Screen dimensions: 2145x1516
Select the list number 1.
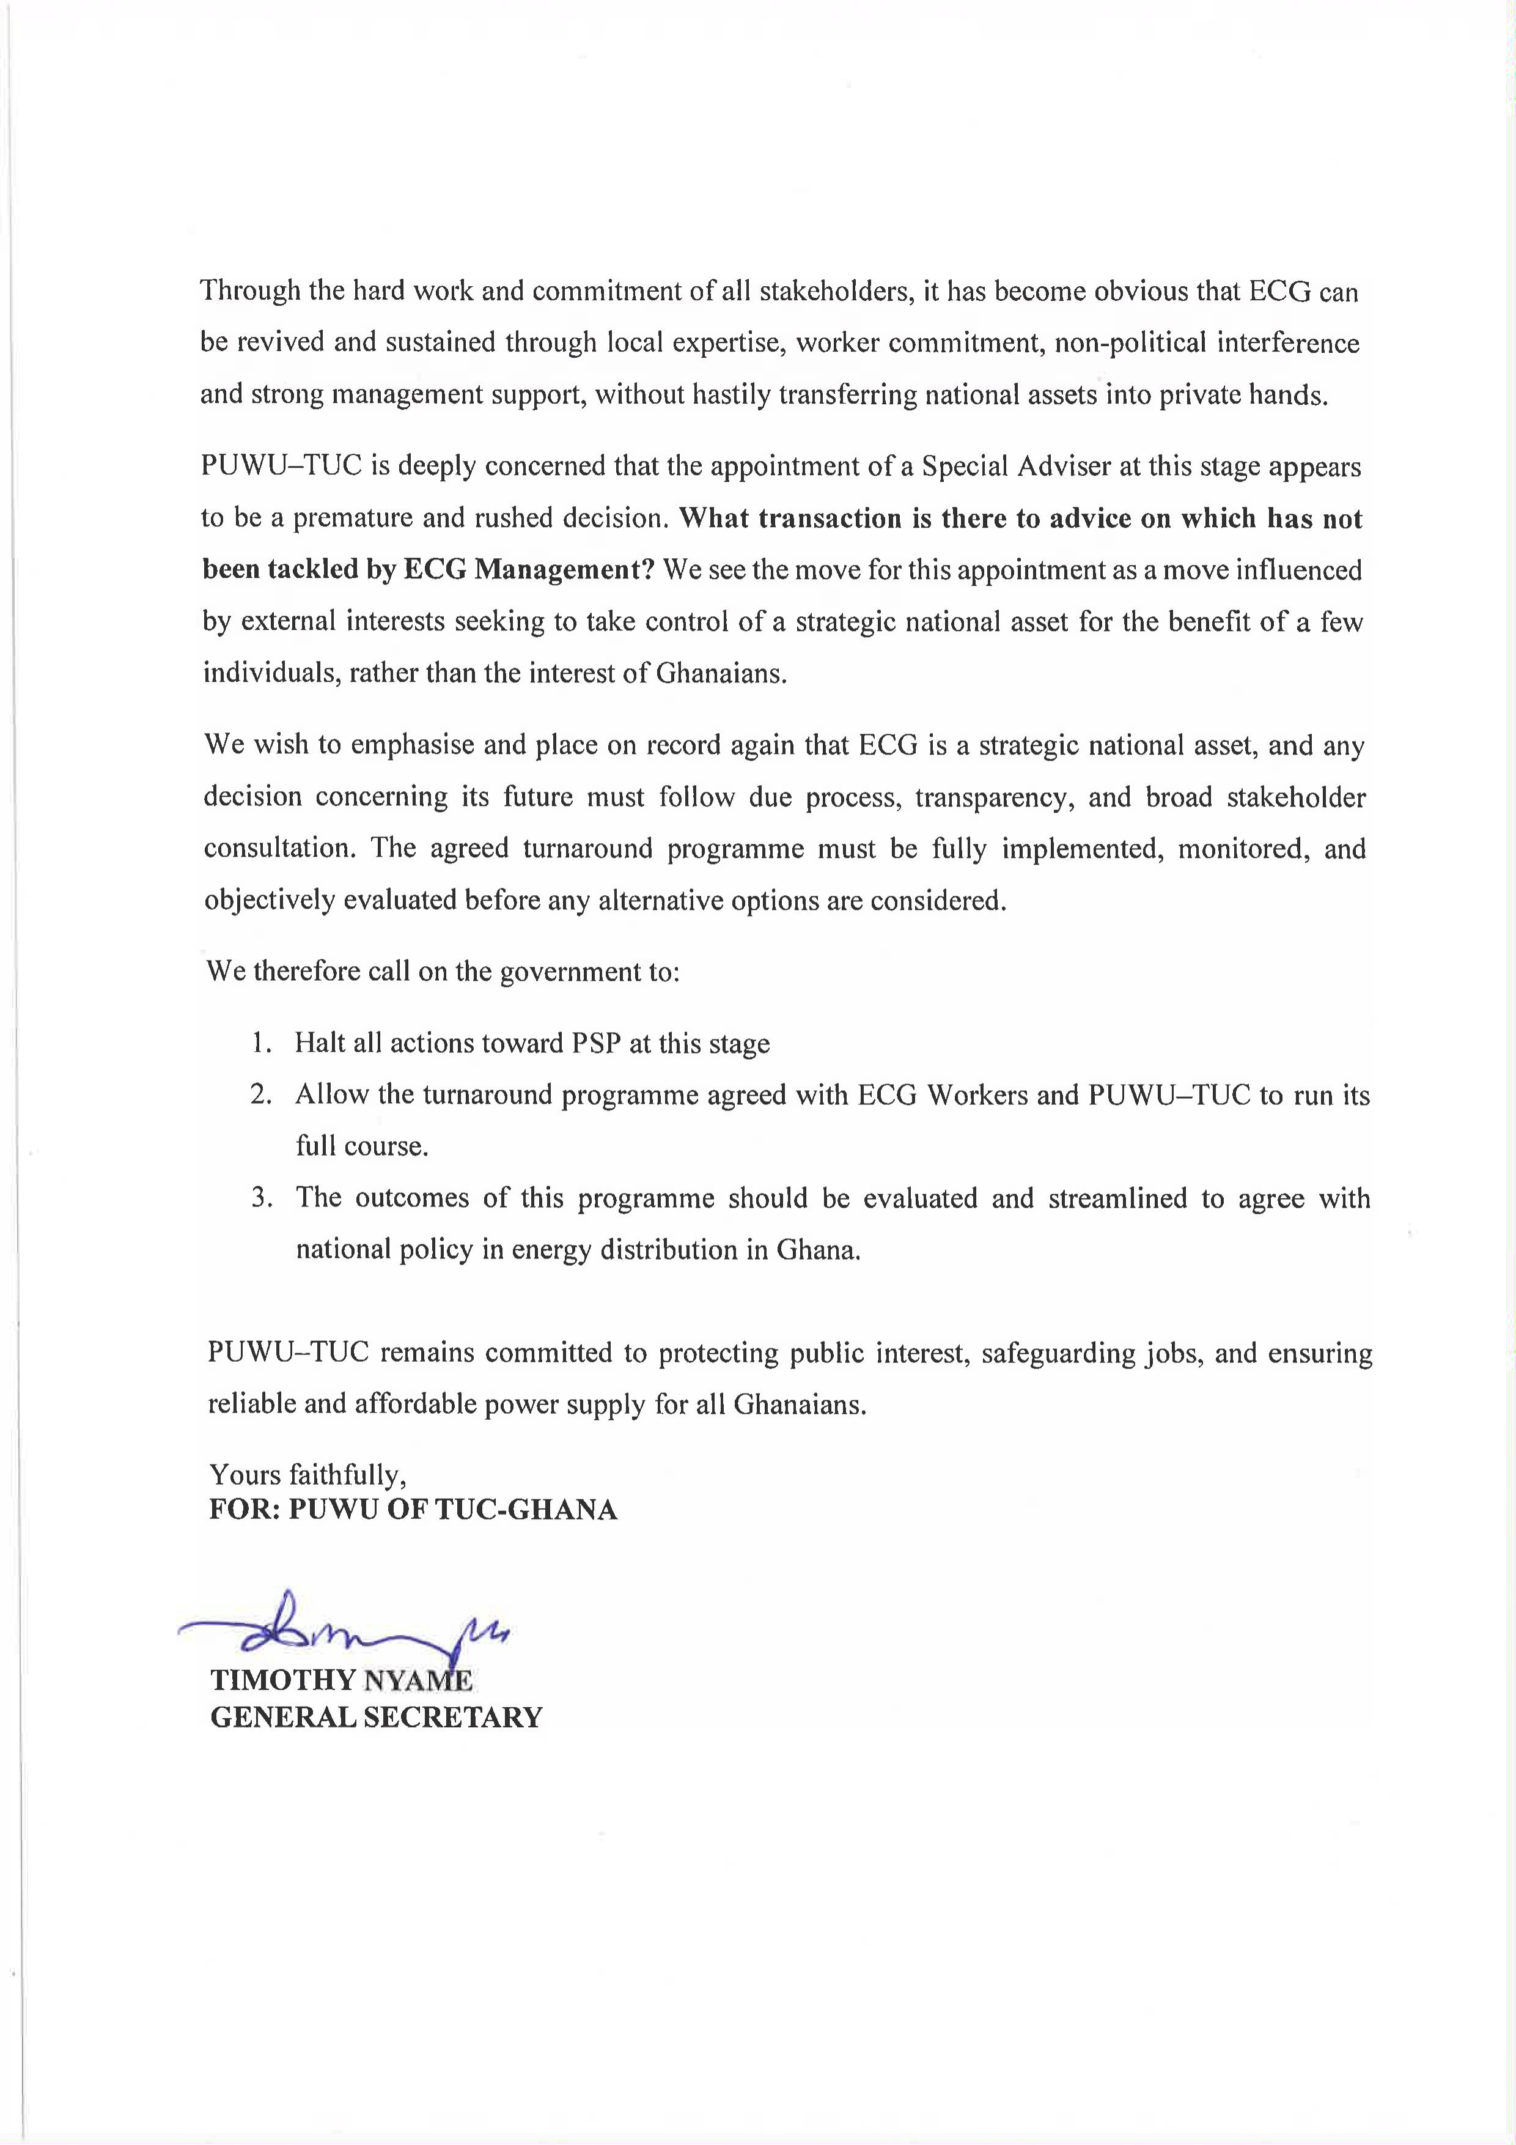tap(260, 1043)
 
